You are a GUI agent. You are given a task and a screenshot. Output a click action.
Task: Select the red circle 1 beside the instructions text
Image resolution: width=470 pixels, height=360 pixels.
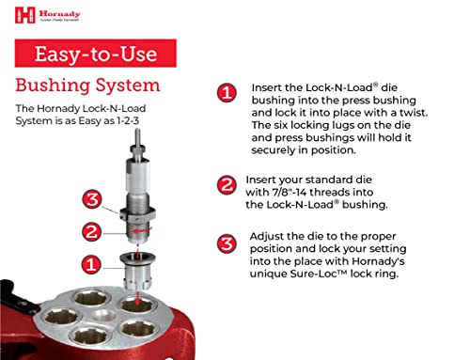(x=226, y=93)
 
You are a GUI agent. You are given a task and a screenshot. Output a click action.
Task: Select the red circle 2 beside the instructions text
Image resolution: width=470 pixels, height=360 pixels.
(x=226, y=185)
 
